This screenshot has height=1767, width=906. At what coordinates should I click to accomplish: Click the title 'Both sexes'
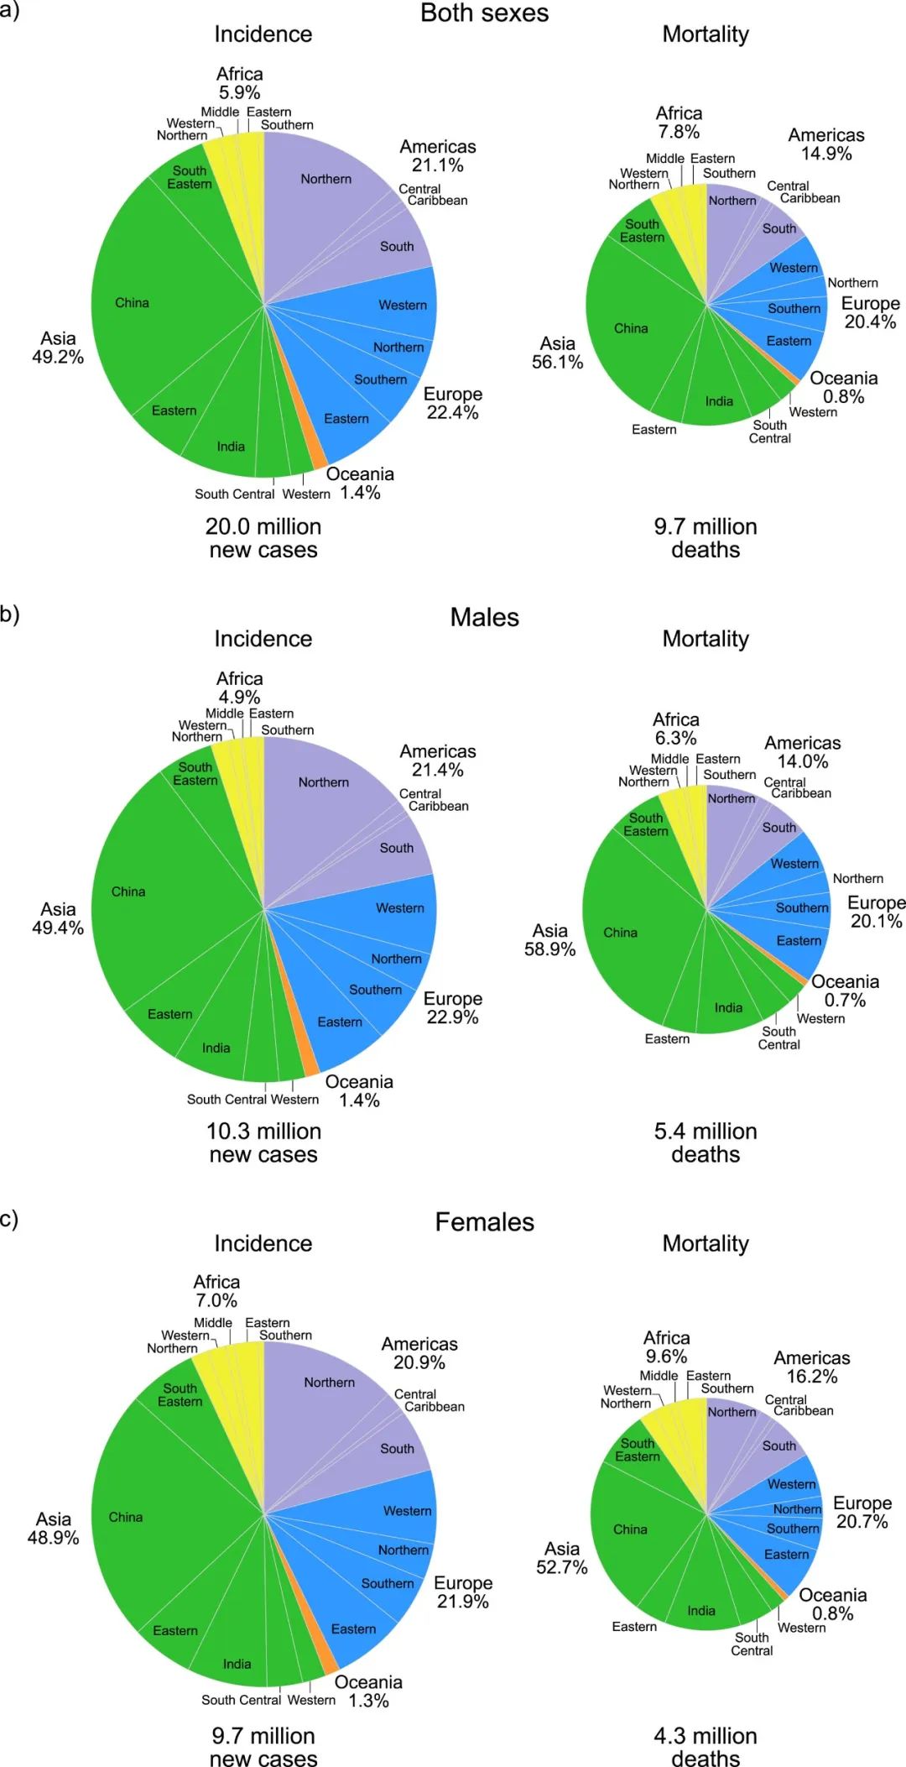pyautogui.click(x=484, y=13)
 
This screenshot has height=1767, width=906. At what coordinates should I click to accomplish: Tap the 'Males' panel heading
pyautogui.click(x=484, y=618)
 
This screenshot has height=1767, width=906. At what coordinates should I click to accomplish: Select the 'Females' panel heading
pyautogui.click(x=484, y=1222)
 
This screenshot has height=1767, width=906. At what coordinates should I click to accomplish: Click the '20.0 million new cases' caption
pyautogui.click(x=263, y=538)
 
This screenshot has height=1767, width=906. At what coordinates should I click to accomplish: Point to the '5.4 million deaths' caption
pyautogui.click(x=706, y=1142)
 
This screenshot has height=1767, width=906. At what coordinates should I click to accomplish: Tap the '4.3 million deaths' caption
pyautogui.click(x=706, y=1747)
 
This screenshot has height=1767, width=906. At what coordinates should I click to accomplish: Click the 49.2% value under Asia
pyautogui.click(x=58, y=358)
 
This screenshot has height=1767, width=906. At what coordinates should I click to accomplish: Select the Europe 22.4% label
pyautogui.click(x=453, y=404)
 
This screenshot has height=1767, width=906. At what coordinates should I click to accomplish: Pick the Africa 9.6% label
pyautogui.click(x=667, y=1347)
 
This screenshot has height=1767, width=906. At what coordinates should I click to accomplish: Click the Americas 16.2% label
pyautogui.click(x=812, y=1367)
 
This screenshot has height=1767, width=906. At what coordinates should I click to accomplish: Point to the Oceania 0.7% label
pyautogui.click(x=845, y=991)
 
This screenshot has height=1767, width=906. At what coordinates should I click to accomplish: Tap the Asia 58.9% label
pyautogui.click(x=550, y=940)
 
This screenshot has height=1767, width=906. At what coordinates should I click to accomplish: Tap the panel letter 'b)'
pyautogui.click(x=10, y=614)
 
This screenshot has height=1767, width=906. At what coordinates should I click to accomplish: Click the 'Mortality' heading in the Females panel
pyautogui.click(x=706, y=1243)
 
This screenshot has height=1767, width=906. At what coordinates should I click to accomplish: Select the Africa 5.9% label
pyautogui.click(x=240, y=84)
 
